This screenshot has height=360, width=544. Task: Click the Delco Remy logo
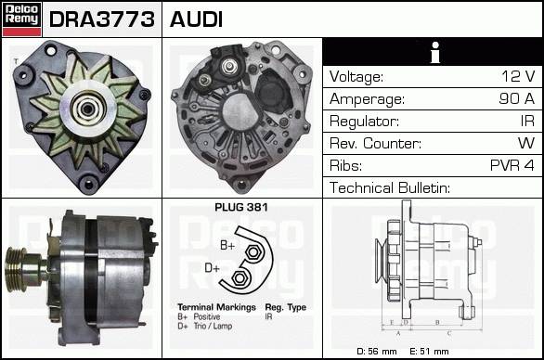(x=21, y=19)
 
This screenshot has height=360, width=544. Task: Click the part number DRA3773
(x=102, y=19)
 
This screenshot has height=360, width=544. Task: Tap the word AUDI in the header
(x=196, y=19)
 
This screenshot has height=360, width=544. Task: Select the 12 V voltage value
(x=518, y=76)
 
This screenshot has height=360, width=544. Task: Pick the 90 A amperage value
(x=517, y=98)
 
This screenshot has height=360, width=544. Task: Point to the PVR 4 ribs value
(x=512, y=165)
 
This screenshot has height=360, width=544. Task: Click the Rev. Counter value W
(x=526, y=143)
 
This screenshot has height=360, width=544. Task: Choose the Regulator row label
(x=364, y=122)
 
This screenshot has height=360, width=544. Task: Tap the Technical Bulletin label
(x=390, y=187)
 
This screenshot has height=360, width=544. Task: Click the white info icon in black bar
(x=435, y=52)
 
